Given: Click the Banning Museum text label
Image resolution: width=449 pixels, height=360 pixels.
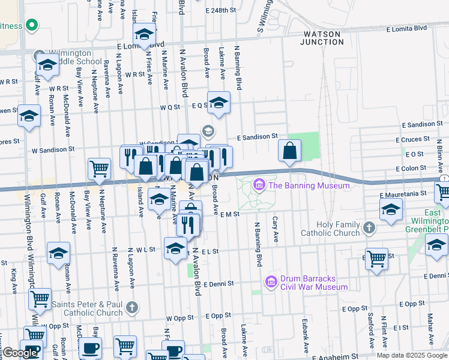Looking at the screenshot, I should pos(309,185).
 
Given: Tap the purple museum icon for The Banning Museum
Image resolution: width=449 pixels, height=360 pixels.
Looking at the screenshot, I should pos(259,185).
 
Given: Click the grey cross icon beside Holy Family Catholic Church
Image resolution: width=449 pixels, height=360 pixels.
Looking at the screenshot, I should pos(369,228).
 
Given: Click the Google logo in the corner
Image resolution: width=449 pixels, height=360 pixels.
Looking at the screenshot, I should pos(20,353).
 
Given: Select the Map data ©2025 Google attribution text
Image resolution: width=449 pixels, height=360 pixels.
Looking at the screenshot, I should pos(412,355).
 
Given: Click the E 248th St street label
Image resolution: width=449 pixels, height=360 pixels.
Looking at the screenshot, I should pos(220,11).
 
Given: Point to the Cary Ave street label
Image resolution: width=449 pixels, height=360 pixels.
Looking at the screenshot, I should pos(276,230).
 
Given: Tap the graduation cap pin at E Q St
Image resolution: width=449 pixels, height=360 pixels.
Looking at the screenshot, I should pos(219,103).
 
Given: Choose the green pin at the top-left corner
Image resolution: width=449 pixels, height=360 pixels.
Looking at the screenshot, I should pos(32,26).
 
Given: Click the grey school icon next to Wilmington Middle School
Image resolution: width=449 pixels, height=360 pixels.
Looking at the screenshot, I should pos(40,53).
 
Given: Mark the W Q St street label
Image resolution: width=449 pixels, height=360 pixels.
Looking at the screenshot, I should pos(170,107).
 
